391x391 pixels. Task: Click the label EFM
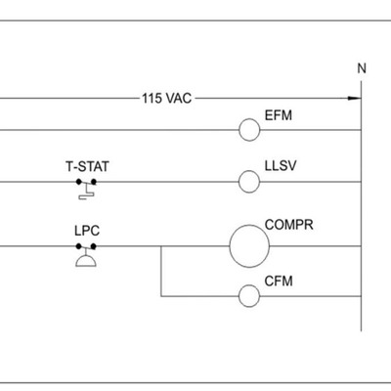[279, 115]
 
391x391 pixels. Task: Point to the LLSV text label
[281, 166]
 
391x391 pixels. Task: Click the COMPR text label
[289, 225]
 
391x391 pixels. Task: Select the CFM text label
[279, 282]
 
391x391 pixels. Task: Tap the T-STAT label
[87, 166]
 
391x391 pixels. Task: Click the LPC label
[87, 231]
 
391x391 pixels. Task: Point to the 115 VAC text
[167, 98]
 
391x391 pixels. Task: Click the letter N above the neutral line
[362, 68]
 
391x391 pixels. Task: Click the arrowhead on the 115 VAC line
[355, 98]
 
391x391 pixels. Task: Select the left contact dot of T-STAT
[79, 182]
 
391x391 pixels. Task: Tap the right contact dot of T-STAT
[94, 182]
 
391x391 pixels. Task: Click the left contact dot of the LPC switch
[78, 246]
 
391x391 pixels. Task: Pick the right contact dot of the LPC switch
[94, 246]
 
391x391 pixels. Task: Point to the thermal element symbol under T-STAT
[87, 194]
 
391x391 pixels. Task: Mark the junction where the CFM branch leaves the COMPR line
[161, 246]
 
